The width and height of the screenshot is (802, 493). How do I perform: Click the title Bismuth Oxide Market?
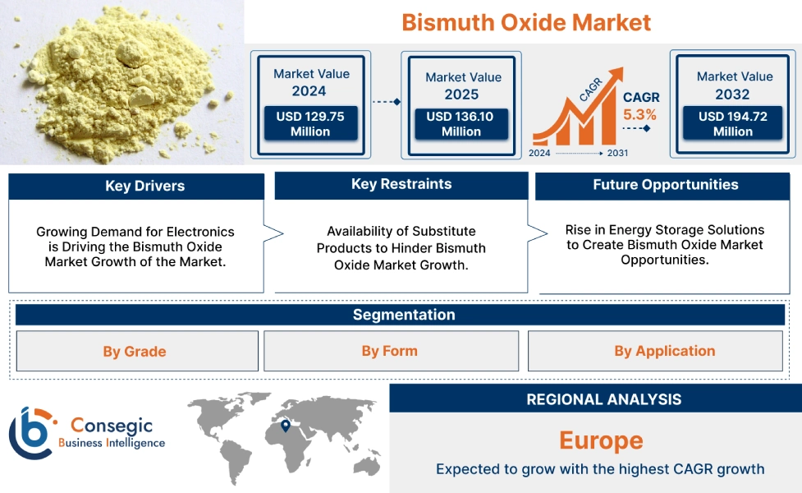click(x=526, y=22)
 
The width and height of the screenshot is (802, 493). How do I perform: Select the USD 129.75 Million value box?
click(x=310, y=124)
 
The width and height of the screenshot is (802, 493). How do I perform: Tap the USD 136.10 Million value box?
click(x=461, y=124)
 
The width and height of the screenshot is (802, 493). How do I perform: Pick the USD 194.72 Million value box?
click(x=732, y=124)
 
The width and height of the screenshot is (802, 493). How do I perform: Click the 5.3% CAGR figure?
click(x=639, y=115)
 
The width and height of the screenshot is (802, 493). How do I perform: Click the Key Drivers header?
click(x=136, y=187)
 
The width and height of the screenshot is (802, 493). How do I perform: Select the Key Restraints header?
click(x=401, y=185)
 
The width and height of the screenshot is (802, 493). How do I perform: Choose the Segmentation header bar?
click(x=403, y=315)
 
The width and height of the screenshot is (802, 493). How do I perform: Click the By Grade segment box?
click(x=136, y=352)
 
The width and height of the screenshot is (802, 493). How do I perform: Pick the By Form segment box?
click(x=390, y=351)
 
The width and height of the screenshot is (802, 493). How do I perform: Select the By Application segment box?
click(x=664, y=351)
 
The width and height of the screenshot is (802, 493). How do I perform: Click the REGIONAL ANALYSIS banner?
click(x=603, y=399)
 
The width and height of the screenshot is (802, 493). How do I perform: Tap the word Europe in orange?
click(x=601, y=440)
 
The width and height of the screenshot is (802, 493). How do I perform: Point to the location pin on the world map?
click(x=285, y=426)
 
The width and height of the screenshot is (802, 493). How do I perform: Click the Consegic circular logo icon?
click(x=30, y=432)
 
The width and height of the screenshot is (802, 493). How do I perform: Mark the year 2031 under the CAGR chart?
click(x=617, y=154)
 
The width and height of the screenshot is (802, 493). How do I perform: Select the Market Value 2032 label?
click(x=734, y=85)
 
